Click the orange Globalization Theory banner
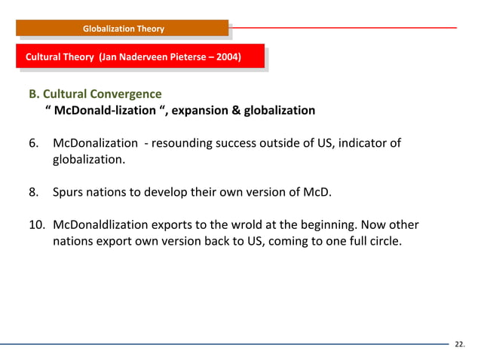tap(123, 29)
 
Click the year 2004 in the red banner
tap(227, 56)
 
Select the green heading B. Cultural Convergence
tap(95, 95)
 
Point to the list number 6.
tap(33, 143)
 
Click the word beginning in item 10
tap(346, 225)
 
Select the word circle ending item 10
tap(394, 242)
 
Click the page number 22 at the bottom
tap(459, 345)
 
